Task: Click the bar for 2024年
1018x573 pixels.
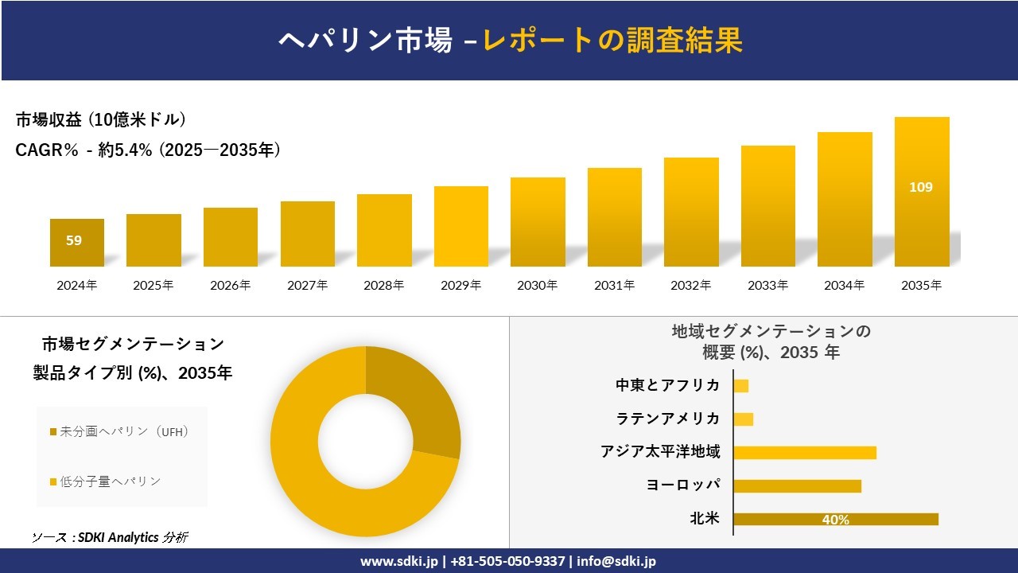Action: click(x=77, y=243)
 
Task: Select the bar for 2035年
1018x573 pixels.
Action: click(x=922, y=192)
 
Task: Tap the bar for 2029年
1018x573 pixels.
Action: click(x=461, y=227)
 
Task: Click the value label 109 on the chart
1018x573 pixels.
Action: click(x=921, y=188)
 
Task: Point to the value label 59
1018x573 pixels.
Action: click(x=74, y=240)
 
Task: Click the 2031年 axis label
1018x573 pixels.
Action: click(x=614, y=286)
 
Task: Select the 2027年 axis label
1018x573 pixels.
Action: click(x=307, y=286)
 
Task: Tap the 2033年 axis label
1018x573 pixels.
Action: click(x=767, y=286)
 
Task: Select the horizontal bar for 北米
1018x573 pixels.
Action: click(x=835, y=520)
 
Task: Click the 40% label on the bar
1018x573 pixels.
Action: click(x=835, y=520)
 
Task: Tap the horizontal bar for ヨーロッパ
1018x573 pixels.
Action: click(x=797, y=486)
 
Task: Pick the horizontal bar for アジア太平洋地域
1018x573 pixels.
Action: click(x=805, y=453)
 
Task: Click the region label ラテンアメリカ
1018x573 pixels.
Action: click(x=668, y=419)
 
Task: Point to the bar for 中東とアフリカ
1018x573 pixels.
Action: click(x=741, y=386)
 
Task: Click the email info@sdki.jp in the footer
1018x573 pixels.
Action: click(x=616, y=561)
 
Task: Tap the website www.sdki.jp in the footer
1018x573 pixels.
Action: click(x=398, y=561)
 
